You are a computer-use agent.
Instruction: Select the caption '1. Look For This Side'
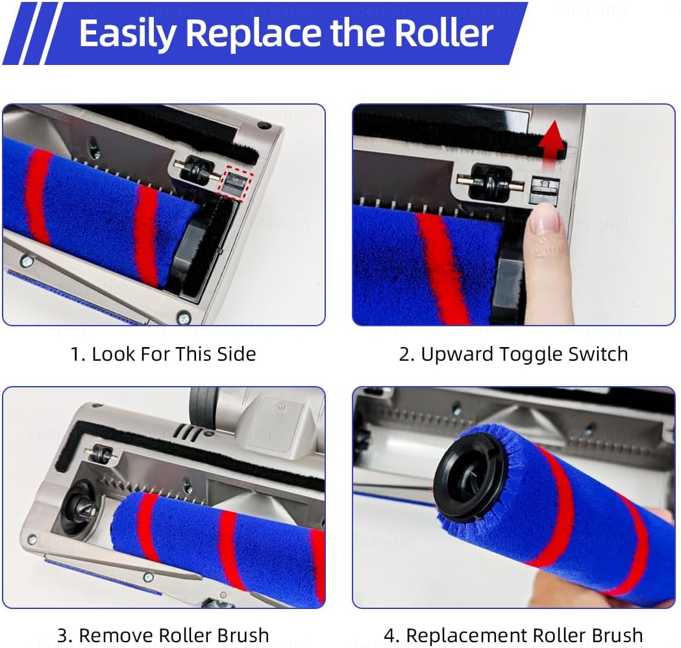click(x=164, y=354)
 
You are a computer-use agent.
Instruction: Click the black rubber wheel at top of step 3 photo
click(x=203, y=404)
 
